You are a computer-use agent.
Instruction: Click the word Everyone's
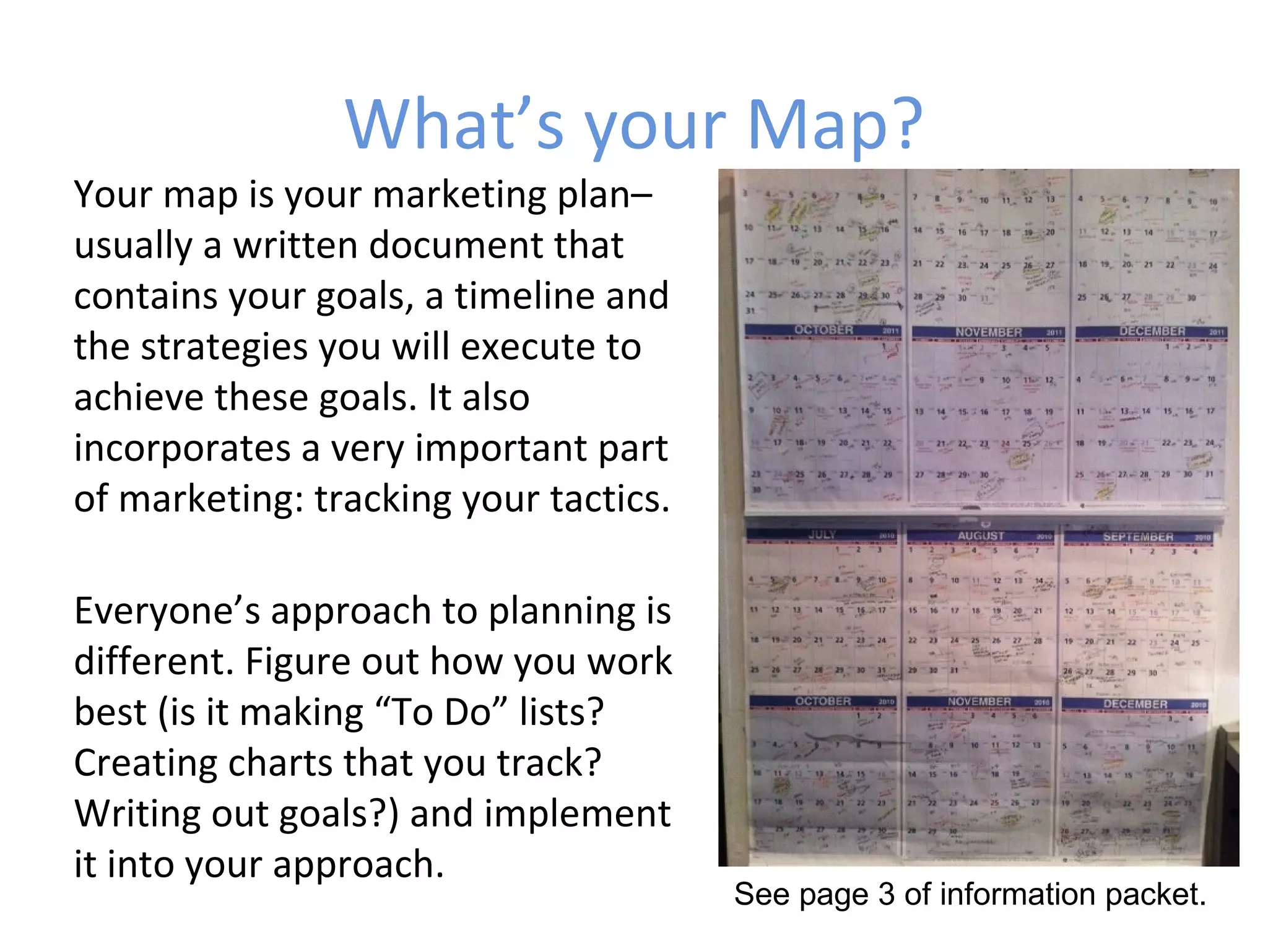pos(167,612)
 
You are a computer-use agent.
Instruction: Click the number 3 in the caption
pos(886,895)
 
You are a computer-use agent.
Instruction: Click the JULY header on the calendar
pos(822,535)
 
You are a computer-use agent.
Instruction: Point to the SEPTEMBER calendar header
pos(1138,537)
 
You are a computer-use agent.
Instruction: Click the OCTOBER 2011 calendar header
pos(823,331)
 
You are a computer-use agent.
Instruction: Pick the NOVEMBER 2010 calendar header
pos(979,702)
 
